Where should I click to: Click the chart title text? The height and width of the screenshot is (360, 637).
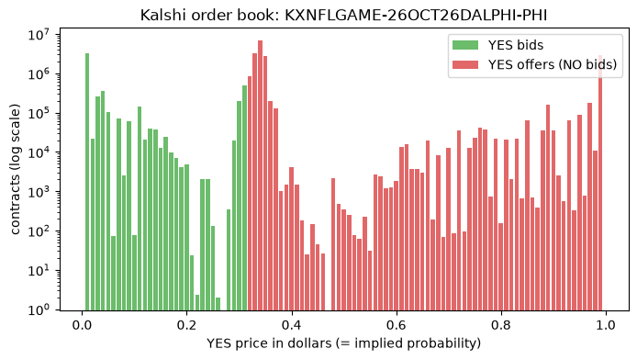tap(343, 15)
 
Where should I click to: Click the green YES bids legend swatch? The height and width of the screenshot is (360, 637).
tap(465, 45)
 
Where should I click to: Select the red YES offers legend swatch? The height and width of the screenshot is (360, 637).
tap(465, 64)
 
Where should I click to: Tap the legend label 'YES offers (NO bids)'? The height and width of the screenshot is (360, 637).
tap(553, 64)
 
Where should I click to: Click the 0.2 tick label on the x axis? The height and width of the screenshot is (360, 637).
tap(187, 325)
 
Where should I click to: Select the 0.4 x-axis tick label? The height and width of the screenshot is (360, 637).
tap(292, 325)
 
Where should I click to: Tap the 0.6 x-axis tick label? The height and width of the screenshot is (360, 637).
tap(397, 325)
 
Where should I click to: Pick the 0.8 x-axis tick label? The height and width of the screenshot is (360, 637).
tap(501, 325)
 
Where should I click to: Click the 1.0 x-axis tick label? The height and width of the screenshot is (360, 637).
tap(606, 325)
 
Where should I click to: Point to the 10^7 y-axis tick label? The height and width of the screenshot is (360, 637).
tap(39, 35)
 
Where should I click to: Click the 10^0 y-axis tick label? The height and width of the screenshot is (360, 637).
tap(39, 309)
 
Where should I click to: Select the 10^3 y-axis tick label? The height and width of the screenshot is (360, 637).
tap(39, 192)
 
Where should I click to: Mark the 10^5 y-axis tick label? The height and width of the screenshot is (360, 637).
tap(39, 113)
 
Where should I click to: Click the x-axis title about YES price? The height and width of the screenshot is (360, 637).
tap(343, 343)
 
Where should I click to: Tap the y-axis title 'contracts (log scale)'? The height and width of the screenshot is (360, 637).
tap(15, 169)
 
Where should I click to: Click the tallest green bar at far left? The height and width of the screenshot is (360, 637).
tap(87, 182)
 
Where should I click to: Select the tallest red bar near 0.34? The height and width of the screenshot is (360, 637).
tap(260, 175)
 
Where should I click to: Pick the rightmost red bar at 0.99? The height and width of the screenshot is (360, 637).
tap(600, 183)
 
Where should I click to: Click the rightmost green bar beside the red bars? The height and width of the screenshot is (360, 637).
tap(244, 197)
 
